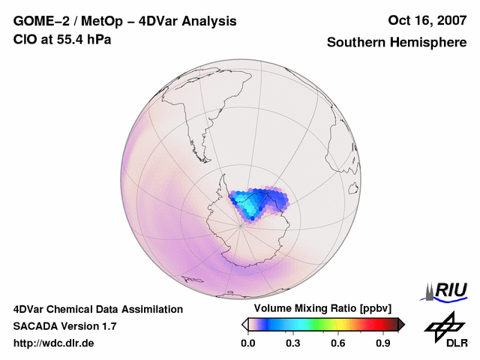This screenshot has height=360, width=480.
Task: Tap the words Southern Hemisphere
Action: [397, 43]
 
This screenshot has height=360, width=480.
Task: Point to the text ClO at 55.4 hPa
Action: [62, 39]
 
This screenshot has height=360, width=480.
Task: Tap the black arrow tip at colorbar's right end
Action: [401, 324]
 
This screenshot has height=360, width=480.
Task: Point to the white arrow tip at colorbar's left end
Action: [244, 324]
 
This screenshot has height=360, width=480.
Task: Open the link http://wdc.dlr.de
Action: [54, 343]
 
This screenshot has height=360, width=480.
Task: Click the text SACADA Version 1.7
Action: [64, 326]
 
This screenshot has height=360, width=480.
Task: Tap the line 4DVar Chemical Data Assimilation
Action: [97, 309]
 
